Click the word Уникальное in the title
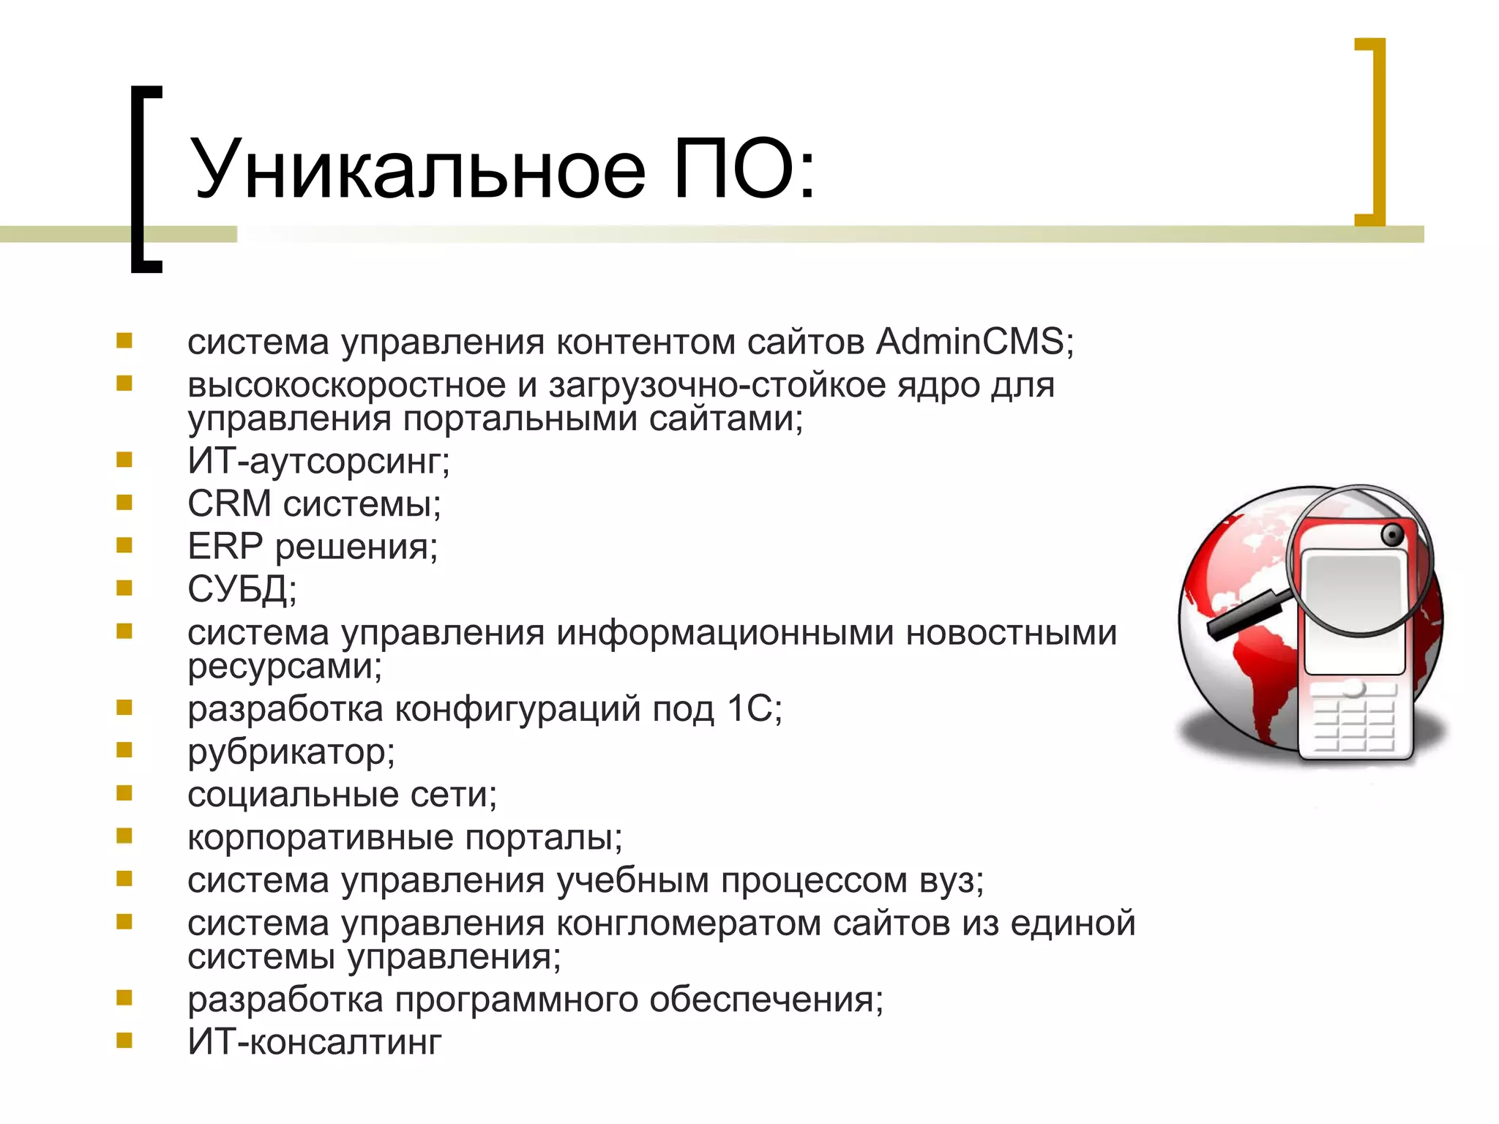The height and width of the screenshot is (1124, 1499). point(417,170)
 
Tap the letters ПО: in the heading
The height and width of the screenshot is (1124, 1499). point(743,170)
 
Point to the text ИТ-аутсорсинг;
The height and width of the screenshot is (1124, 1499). point(318,461)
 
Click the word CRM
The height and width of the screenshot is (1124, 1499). point(229,503)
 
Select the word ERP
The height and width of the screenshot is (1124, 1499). point(225,547)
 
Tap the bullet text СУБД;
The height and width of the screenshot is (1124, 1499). point(242,589)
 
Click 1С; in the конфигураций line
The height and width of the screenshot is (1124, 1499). point(755,709)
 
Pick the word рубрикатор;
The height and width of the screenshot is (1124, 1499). point(291,752)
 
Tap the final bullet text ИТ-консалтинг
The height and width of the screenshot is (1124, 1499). point(315,1042)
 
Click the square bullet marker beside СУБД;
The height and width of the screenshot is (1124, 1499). point(124,588)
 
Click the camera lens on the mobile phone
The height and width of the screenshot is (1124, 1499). point(1392,536)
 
